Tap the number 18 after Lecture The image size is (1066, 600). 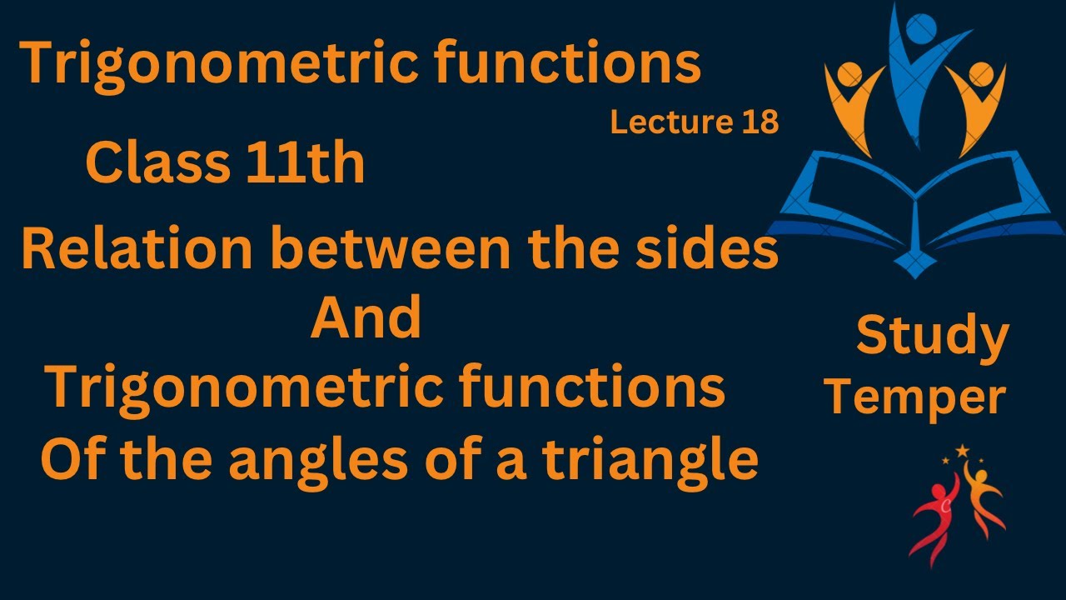(758, 122)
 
